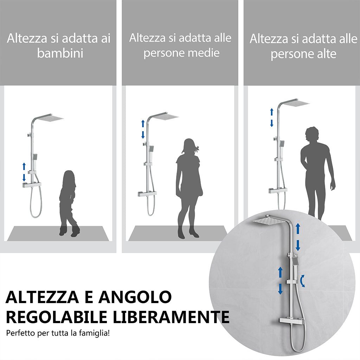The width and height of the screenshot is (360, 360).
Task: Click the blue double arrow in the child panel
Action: click(24, 172)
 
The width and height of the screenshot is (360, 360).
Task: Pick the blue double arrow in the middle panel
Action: click(143, 129)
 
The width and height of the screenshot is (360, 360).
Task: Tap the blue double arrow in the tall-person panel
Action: click(271, 117)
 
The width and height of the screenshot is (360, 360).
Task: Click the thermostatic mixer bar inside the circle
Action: click(289, 320)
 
